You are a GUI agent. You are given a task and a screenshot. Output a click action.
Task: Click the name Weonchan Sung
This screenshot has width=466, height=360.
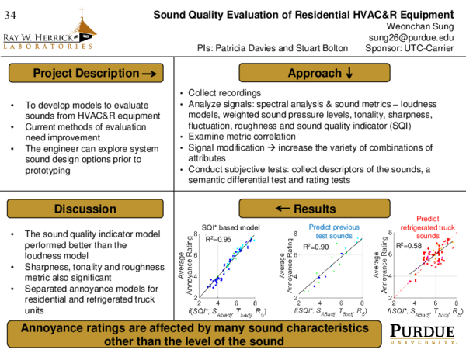pyautogui.click(x=421, y=25)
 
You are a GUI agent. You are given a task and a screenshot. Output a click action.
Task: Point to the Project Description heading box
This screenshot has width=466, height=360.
pyautogui.click(x=87, y=74)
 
